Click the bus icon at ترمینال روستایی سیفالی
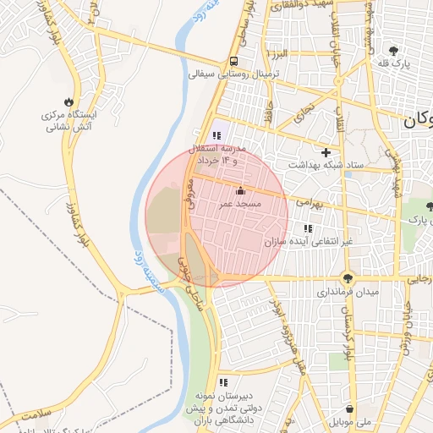click(233, 62)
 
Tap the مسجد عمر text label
click(243, 205)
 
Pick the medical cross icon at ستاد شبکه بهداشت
click(326, 152)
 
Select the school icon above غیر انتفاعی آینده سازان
click(308, 228)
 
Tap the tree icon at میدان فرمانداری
click(348, 278)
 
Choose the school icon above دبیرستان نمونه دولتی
click(222, 382)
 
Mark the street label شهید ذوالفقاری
click(296, 6)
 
